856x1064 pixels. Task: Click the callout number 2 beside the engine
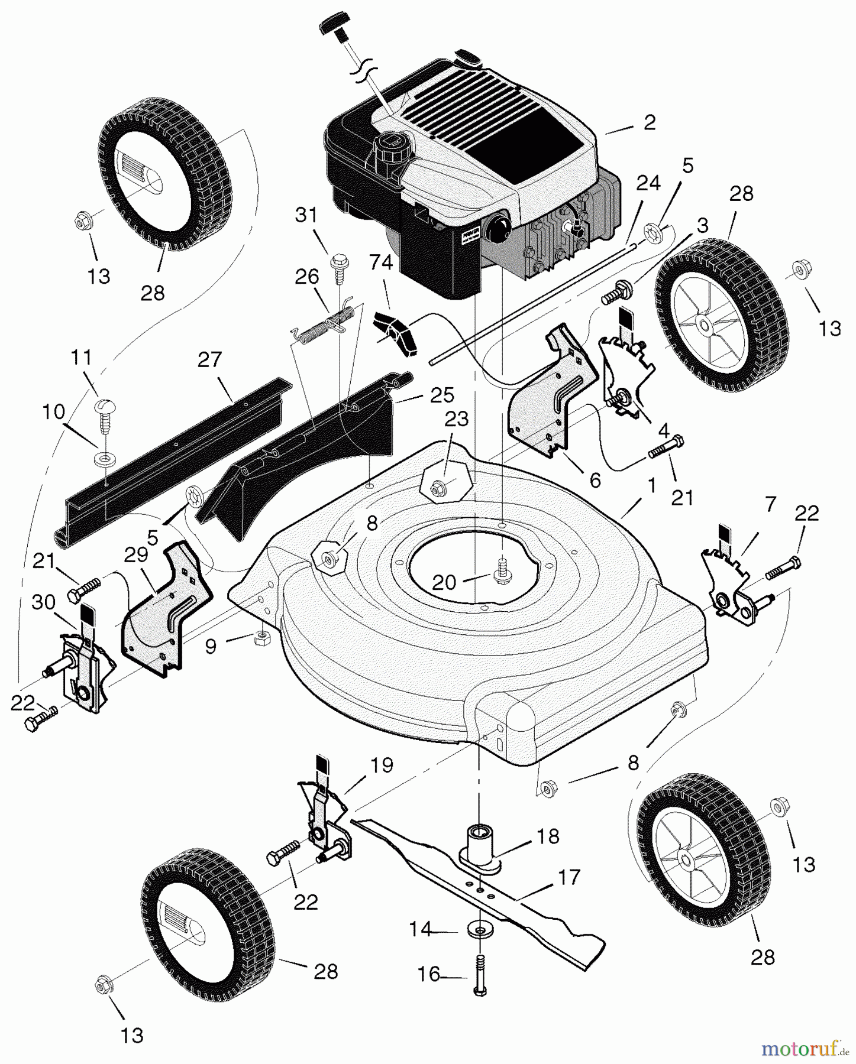point(650,122)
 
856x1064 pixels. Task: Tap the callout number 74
point(381,262)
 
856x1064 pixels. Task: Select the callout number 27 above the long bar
point(209,359)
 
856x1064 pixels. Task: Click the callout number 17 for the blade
point(569,877)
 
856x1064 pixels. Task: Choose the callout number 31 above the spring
point(306,215)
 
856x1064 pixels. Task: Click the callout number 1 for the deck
point(652,486)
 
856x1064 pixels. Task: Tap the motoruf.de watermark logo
point(805,1049)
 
